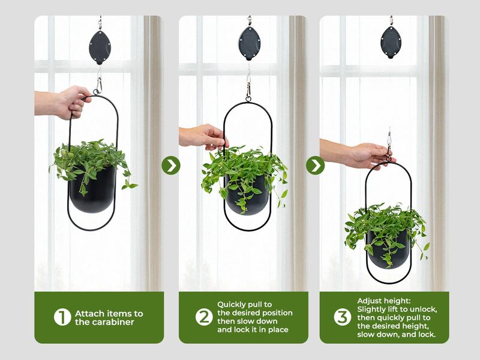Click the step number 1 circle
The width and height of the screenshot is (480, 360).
coord(62,317)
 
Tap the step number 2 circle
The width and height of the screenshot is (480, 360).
coord(204,317)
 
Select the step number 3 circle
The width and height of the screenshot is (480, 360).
coord(343,317)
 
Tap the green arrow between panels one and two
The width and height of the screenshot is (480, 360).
coord(171,165)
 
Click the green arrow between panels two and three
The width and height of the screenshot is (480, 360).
coord(315,165)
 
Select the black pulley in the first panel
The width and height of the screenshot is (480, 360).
coord(100,47)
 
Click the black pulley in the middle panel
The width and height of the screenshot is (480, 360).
coord(249,43)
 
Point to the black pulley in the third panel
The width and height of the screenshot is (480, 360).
coord(391,42)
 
